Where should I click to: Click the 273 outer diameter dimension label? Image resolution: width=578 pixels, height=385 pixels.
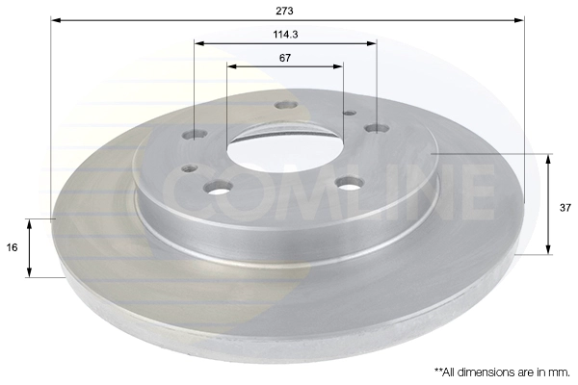284,11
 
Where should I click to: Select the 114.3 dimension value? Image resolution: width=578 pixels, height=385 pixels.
285,35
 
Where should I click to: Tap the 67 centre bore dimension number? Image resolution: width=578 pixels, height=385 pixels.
285,58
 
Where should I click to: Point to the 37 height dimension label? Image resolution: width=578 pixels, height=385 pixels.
565,208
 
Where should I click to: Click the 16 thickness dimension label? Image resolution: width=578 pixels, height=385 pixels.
13,247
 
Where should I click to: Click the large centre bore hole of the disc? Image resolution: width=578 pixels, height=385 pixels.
284,148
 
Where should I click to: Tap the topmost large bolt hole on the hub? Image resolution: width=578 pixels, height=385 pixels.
286,105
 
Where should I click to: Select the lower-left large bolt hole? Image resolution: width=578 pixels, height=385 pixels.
220,187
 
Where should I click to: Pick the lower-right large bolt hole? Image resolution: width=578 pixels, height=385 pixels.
350,183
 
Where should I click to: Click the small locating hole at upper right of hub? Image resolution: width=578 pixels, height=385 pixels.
349,113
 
